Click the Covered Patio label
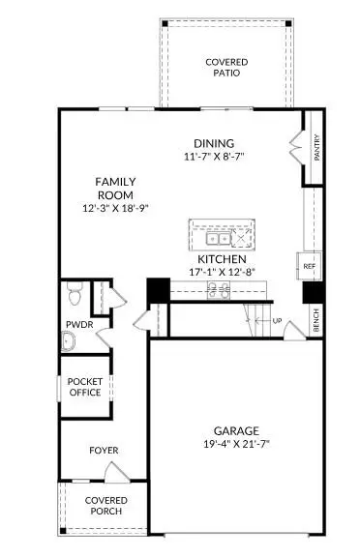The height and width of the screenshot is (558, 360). pos(225,67)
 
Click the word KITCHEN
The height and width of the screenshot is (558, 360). pos(222,260)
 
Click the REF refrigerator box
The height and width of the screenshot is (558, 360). pos(310,265)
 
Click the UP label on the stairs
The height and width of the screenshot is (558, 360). pos(277,320)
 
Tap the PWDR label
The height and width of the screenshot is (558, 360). pos(78,325)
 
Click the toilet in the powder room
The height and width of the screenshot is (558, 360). pos(73,291)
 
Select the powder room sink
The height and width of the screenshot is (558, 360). pos(67,341)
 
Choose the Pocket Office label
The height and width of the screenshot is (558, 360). pos(84,387)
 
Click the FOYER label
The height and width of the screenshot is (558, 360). pos(104,450)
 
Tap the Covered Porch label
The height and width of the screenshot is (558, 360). pos(105,505)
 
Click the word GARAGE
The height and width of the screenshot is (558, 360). pos(235,430)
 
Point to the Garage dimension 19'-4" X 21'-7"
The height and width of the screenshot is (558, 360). pos(235,446)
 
